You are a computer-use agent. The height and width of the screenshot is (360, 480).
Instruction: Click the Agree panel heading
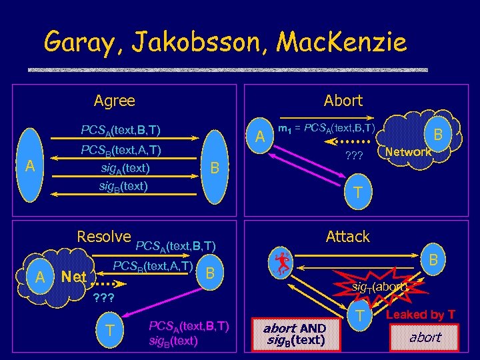click(x=114, y=101)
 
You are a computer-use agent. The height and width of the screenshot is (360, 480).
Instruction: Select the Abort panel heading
click(x=343, y=101)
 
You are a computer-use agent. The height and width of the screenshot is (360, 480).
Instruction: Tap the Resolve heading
click(x=104, y=237)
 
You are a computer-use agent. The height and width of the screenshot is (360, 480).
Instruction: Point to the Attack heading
click(x=347, y=237)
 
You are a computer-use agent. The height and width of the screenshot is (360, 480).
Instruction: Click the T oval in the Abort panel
click(x=357, y=193)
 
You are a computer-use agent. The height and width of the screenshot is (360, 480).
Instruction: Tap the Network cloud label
click(x=409, y=152)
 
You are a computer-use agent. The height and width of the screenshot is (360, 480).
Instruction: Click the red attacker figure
click(x=283, y=262)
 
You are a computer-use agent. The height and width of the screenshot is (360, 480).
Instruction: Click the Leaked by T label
click(x=421, y=315)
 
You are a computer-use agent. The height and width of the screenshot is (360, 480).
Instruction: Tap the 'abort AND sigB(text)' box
click(x=294, y=334)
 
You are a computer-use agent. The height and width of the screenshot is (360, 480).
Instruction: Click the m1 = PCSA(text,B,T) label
click(x=327, y=127)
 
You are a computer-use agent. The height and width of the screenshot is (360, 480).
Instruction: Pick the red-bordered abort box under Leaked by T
click(x=425, y=337)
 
